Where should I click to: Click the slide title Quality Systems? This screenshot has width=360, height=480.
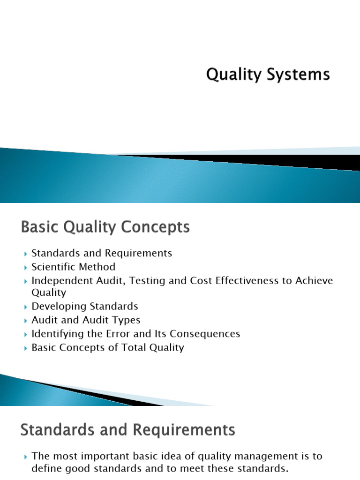(x=268, y=75)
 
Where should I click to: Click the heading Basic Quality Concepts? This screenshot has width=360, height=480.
(x=105, y=228)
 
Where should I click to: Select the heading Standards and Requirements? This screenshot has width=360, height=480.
(x=127, y=431)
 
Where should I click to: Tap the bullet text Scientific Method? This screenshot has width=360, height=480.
(x=73, y=267)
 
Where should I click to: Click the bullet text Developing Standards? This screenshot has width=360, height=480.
(x=84, y=307)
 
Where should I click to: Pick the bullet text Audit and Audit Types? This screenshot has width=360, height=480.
(x=86, y=320)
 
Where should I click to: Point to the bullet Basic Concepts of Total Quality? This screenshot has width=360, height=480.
(x=107, y=348)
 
